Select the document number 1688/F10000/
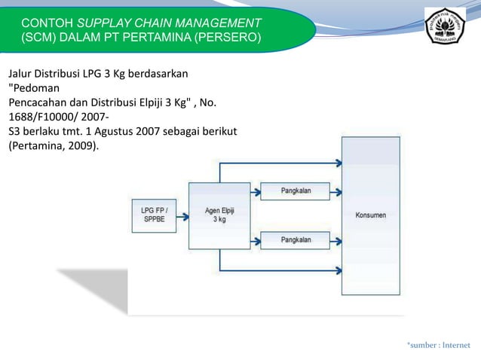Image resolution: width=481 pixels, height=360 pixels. pyautogui.click(x=40, y=117)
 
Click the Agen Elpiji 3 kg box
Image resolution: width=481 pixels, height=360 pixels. pyautogui.click(x=219, y=216)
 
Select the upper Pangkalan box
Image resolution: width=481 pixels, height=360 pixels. pyautogui.click(x=296, y=192)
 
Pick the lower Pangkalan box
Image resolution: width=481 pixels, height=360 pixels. pyautogui.click(x=296, y=240)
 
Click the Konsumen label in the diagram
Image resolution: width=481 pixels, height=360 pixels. pyautogui.click(x=370, y=215)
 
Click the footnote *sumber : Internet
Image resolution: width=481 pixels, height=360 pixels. pyautogui.click(x=438, y=346)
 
